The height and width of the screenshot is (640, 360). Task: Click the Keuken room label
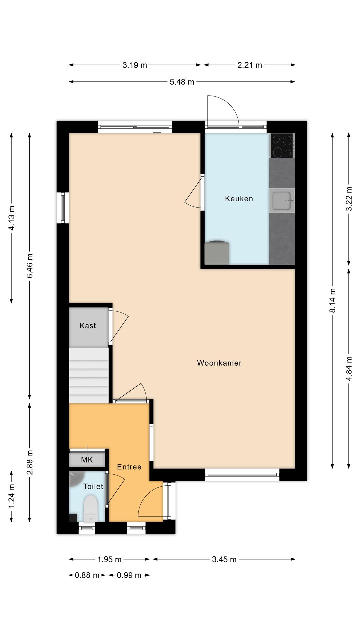coord(239,199)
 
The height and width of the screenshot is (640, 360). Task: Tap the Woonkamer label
coord(219,363)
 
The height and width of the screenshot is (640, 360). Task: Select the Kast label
coord(88,326)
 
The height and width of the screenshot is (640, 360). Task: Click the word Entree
coord(129,467)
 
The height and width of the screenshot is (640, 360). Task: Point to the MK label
coord(87,460)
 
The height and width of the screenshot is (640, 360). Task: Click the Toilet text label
coord(93,486)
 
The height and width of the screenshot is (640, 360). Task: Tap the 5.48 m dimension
coord(182,82)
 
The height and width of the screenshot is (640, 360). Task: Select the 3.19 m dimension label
coord(135,65)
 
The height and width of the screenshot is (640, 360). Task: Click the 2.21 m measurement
coord(250,65)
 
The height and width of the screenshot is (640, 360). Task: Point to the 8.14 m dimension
coord(332,301)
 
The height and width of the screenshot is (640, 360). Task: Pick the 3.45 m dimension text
coord(224,559)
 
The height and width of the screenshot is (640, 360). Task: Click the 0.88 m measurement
coord(87,575)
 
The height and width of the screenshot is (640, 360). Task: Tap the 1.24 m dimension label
coord(11,496)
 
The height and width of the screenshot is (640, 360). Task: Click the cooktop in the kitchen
coord(282,146)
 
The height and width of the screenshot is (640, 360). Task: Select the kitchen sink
coord(282,201)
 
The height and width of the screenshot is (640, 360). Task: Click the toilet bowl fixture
coord(90,508)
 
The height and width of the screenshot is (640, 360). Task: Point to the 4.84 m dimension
coord(349,369)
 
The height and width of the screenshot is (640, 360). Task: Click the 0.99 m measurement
coord(129,575)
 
